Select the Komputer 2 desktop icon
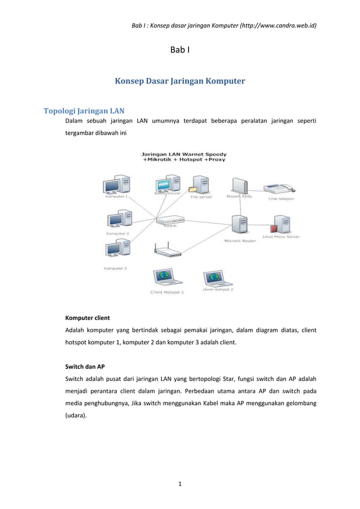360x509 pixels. coord(117,220)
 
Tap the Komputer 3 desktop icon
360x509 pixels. coord(117,249)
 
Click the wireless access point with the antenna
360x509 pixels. coord(169,251)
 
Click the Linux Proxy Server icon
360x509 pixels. coord(280,223)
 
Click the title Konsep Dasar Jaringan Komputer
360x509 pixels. coord(180,81)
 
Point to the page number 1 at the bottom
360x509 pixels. coord(179,483)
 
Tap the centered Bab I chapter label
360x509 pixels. coord(179,51)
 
